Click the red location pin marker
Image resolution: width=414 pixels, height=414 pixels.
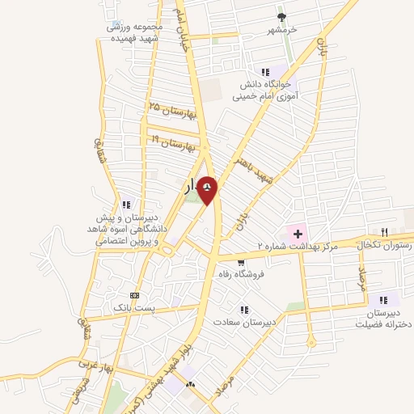[208, 189]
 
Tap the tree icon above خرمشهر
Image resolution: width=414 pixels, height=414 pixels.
[281, 17]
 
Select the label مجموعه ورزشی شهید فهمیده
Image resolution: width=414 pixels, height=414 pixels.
[135, 32]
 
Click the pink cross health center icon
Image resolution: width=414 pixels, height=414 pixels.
[297, 233]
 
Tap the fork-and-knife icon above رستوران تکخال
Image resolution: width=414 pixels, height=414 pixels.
[385, 232]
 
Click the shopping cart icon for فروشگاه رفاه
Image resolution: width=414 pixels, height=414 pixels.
[240, 262]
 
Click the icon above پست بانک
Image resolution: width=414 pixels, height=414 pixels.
[134, 296]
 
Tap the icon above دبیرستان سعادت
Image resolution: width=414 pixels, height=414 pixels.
[243, 309]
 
